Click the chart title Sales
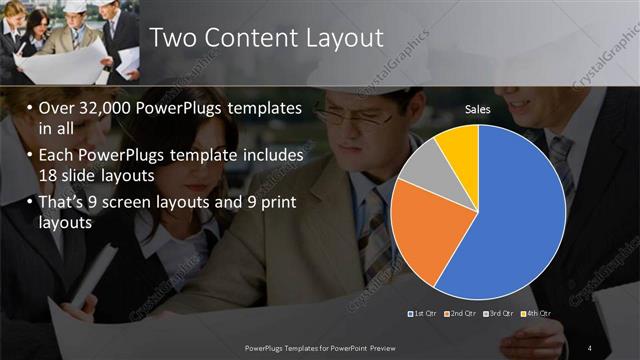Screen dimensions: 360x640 pos(477,109)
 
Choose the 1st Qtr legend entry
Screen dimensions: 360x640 pos(426,314)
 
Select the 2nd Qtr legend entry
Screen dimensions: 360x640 pos(461,314)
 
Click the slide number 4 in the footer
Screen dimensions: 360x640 pos(590,346)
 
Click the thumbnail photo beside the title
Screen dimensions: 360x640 pos(71,41)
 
